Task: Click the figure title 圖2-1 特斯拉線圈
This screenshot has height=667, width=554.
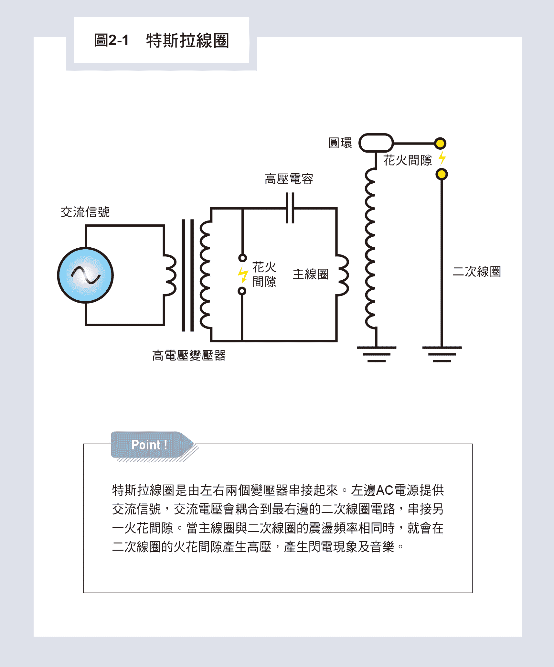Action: pos(161,41)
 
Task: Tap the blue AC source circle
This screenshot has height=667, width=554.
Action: pos(85,275)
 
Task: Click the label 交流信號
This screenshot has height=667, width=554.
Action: pos(85,212)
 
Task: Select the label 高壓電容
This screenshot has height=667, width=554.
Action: pos(289,179)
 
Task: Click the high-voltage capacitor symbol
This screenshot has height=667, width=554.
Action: pos(290,208)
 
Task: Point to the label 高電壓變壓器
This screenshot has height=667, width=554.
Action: pos(189,355)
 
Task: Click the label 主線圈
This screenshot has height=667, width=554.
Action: pos(310,274)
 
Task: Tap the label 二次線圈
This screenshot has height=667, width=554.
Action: pos(476,272)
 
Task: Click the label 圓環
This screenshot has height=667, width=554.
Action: pos(340,143)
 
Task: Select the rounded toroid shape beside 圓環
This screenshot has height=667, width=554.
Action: pos(376,143)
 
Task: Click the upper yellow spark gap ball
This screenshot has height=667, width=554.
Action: pos(440,143)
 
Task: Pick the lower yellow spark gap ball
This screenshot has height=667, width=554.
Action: pos(442,174)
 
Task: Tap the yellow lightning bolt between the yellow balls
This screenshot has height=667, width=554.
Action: pos(442,158)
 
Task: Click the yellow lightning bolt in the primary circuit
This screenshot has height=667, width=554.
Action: pos(242,274)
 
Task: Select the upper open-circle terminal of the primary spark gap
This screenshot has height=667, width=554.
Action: pos(242,258)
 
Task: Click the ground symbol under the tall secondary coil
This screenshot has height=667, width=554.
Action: pos(376,354)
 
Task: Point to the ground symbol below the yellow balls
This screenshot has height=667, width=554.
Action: pos(442,354)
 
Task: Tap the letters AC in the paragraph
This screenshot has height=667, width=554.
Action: pos(384,490)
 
